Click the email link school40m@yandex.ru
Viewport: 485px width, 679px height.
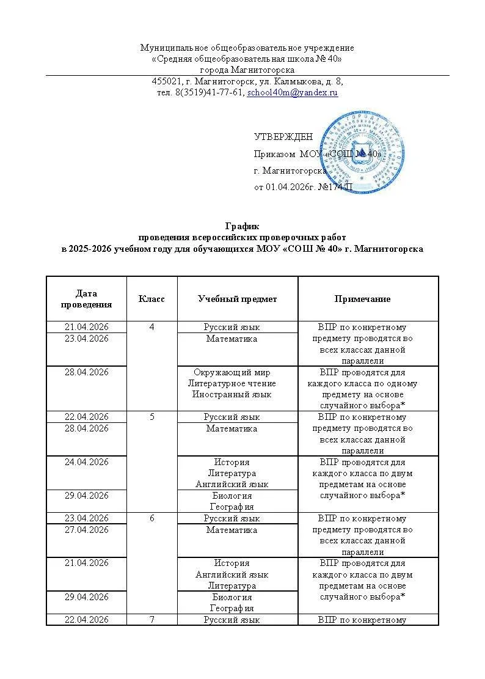click(292, 93)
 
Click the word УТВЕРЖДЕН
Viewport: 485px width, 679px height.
click(283, 137)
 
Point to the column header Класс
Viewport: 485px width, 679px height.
click(151, 299)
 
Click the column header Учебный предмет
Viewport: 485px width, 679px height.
click(237, 299)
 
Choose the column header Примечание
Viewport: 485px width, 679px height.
click(362, 299)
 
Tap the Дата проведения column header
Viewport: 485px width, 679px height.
click(87, 299)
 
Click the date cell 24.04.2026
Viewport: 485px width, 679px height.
click(87, 462)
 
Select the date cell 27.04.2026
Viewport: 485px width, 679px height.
click(87, 530)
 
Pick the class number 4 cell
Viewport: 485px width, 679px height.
click(151, 327)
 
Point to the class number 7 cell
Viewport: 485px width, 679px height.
click(151, 620)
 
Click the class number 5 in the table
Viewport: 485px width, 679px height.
click(151, 417)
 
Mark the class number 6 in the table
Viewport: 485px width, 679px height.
click(151, 518)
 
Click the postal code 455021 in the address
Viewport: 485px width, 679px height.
click(167, 81)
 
